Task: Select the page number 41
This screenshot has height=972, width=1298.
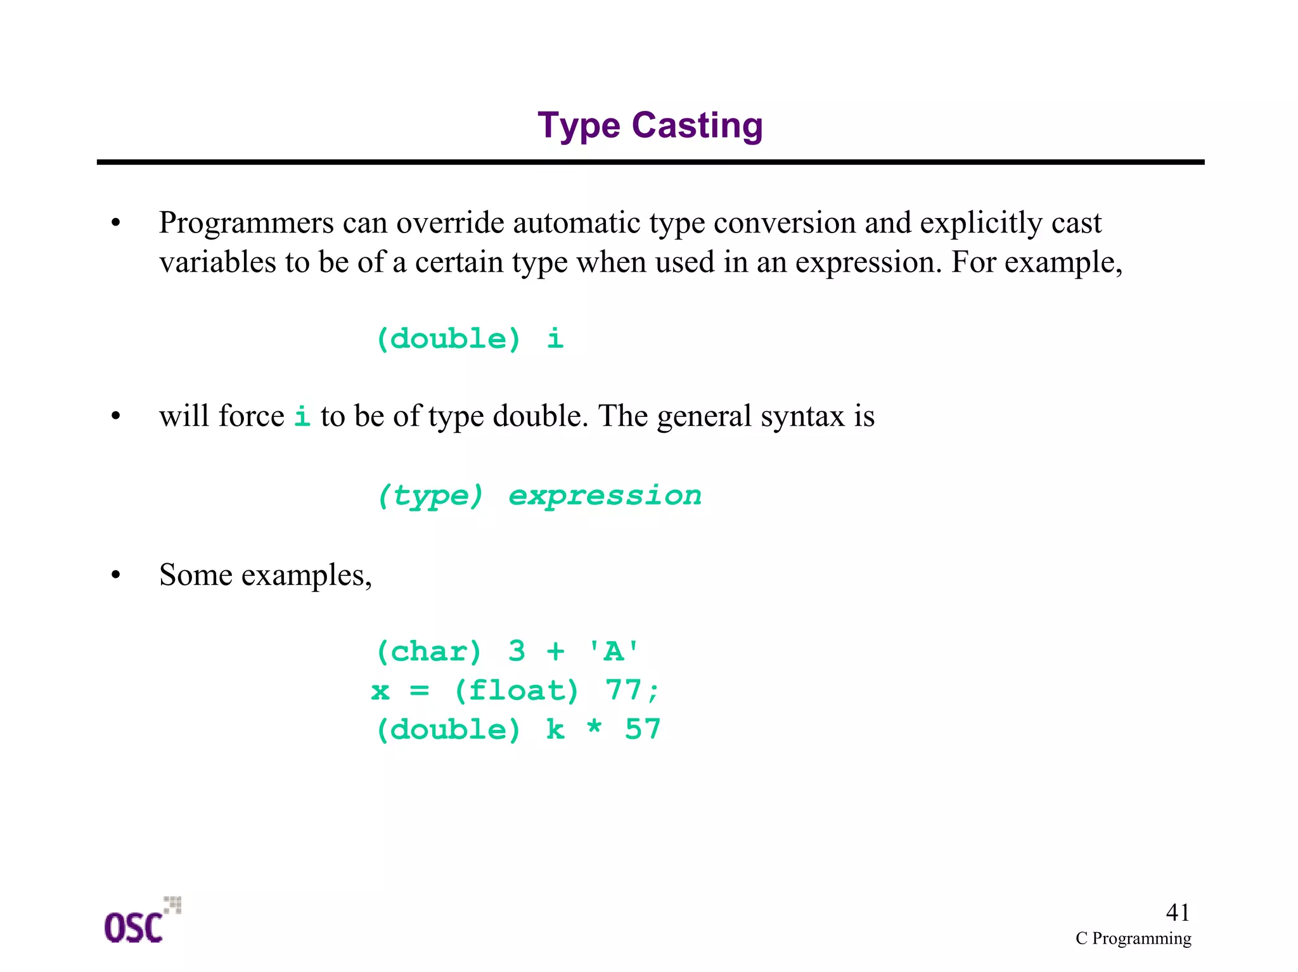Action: pyautogui.click(x=1178, y=912)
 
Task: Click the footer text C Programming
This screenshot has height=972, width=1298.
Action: pyautogui.click(x=1133, y=938)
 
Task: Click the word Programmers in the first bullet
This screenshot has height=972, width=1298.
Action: pyautogui.click(x=246, y=223)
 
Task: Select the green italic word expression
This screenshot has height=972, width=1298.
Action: pyautogui.click(x=605, y=495)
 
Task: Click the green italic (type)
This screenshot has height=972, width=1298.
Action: pyautogui.click(x=430, y=496)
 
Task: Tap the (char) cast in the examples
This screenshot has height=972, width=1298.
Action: pyautogui.click(x=429, y=651)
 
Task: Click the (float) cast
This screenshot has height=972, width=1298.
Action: pyautogui.click(x=517, y=691)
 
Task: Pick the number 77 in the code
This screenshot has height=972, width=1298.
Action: pyautogui.click(x=624, y=690)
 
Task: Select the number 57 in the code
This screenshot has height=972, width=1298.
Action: pyautogui.click(x=643, y=729)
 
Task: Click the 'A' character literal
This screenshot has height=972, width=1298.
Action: pyautogui.click(x=614, y=651)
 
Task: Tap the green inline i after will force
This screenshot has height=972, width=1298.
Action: pyautogui.click(x=302, y=416)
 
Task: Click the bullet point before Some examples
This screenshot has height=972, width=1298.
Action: pyautogui.click(x=115, y=575)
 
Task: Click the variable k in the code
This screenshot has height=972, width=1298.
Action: pyautogui.click(x=555, y=729)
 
